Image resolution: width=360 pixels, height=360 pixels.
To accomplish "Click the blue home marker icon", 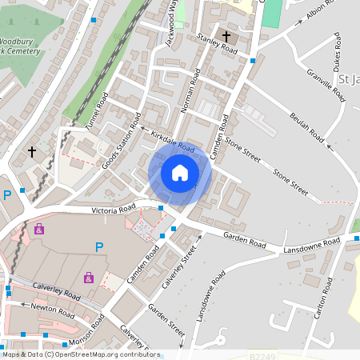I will [180, 172].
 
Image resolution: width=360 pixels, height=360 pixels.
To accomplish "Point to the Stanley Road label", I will [217, 43].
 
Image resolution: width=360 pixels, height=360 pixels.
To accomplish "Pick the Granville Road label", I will [326, 85].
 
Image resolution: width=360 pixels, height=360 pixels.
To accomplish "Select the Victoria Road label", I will [113, 210].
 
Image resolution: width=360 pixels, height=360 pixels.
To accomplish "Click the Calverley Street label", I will [180, 267].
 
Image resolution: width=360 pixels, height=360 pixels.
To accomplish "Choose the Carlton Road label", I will [322, 297].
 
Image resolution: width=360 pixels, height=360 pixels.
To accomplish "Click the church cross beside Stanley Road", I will [227, 37].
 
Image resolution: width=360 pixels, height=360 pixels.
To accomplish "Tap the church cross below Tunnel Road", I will [32, 150].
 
